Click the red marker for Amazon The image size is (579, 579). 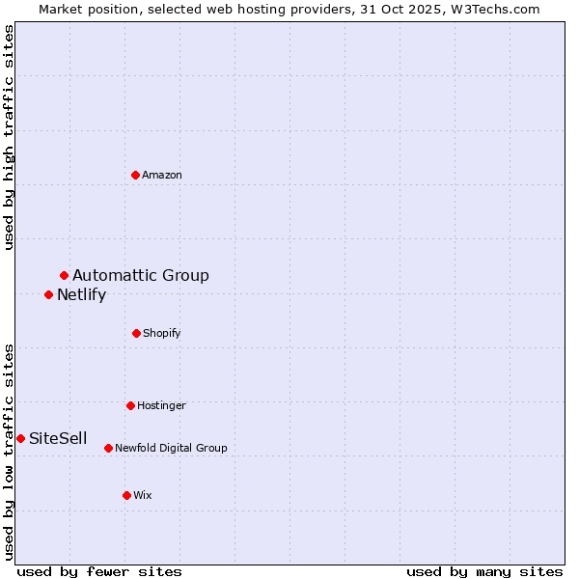coord(136,175)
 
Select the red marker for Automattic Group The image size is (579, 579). coord(65,276)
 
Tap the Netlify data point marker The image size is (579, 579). coord(49,294)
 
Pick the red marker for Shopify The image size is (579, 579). coord(136,333)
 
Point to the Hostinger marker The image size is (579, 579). coord(130,405)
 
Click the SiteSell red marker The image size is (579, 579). coord(20,438)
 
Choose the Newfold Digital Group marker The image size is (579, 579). coord(108,448)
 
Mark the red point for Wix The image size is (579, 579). coord(126,495)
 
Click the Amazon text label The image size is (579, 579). coord(162,175)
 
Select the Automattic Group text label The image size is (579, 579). coord(141,276)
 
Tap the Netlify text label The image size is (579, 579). coord(81,295)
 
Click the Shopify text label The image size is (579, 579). coord(162,333)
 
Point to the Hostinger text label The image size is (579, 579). coord(161,405)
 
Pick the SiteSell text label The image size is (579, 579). coord(58,439)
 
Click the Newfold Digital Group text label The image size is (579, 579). coord(171,448)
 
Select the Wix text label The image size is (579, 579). coord(143,495)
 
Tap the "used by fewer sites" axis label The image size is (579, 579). coord(99,572)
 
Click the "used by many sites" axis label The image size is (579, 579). coord(484,572)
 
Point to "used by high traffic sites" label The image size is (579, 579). coord(9,137)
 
